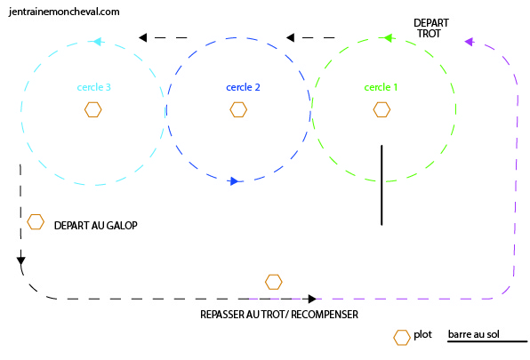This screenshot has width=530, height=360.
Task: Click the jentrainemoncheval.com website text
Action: tap(64, 12)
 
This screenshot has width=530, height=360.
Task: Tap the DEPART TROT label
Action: tap(431, 28)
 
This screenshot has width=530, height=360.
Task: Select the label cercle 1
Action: tap(381, 87)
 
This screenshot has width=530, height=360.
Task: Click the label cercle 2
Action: tap(243, 87)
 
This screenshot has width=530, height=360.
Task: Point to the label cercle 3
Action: tap(94, 87)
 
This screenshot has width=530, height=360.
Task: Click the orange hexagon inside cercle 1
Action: tap(381, 109)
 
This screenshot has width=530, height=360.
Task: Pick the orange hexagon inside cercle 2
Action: tap(238, 109)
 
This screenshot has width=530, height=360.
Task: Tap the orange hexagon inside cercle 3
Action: tap(93, 109)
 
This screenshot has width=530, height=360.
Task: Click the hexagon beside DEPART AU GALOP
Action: tap(36, 222)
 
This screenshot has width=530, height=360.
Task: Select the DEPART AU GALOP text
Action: tap(96, 225)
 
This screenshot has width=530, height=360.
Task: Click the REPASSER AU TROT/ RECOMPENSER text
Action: tap(279, 315)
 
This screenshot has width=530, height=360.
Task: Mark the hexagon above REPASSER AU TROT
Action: tap(274, 282)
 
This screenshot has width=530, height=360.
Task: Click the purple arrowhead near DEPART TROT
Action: tap(470, 42)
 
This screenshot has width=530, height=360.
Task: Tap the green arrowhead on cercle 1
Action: tap(388, 38)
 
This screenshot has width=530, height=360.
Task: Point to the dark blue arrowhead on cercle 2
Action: tap(234, 181)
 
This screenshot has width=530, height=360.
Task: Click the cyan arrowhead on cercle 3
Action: tap(97, 42)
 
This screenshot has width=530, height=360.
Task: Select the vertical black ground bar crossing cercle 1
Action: tap(381, 185)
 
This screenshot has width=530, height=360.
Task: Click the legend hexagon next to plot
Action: tap(402, 338)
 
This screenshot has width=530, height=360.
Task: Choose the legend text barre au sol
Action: tap(474, 334)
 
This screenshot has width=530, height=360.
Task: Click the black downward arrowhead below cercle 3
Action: tap(21, 261)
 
